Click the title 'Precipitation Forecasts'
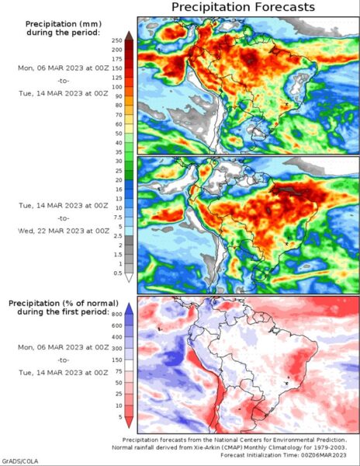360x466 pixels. [x=243, y=7]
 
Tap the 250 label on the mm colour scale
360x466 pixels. [x=117, y=40]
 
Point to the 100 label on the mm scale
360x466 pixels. [x=117, y=87]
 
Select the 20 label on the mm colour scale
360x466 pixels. [x=119, y=180]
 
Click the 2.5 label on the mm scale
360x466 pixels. [x=118, y=236]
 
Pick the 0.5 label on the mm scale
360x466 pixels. [x=118, y=273]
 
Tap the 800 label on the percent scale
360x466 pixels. [x=117, y=315]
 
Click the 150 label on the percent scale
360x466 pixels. [x=117, y=360]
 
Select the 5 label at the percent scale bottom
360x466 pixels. [x=120, y=417]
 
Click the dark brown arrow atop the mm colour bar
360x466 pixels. [x=129, y=36]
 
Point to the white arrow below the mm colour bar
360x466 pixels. [x=129, y=277]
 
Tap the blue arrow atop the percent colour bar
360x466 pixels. [x=129, y=309]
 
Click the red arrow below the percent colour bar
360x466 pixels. [x=129, y=422]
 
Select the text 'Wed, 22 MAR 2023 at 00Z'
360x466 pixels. [x=64, y=231]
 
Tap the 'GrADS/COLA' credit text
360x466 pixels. [x=19, y=461]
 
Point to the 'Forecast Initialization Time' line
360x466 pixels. [x=283, y=455]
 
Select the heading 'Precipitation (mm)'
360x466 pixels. [x=64, y=24]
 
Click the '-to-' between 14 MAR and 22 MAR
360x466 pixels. [x=64, y=218]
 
